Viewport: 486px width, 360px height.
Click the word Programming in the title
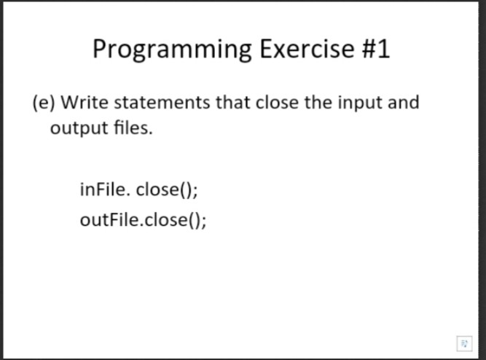point(172,50)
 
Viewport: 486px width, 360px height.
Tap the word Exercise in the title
point(307,48)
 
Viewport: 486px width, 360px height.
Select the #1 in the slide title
point(376,49)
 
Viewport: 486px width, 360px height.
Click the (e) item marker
point(44,103)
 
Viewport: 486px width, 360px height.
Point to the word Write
point(85,102)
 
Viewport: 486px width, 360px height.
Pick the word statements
point(162,102)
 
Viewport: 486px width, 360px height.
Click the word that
point(232,102)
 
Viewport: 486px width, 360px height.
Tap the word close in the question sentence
point(277,102)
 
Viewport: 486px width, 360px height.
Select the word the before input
point(318,102)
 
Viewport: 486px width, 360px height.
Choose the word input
point(360,103)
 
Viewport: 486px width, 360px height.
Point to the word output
point(79,128)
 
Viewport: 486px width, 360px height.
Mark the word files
point(133,127)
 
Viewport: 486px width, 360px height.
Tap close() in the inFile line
point(162,189)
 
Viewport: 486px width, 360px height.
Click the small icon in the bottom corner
point(464,343)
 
